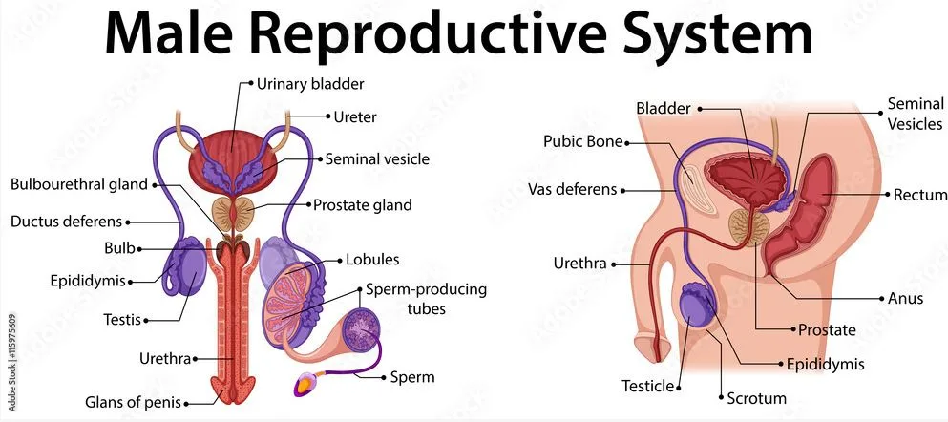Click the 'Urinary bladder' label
pyautogui.click(x=310, y=83)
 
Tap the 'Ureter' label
pyautogui.click(x=355, y=116)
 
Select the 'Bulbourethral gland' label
pyautogui.click(x=79, y=184)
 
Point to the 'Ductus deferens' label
pyautogui.click(x=67, y=222)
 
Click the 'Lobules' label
pyautogui.click(x=372, y=260)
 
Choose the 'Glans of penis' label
pyautogui.click(x=134, y=402)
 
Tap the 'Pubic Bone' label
pyautogui.click(x=582, y=141)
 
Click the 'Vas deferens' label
pyautogui.click(x=573, y=190)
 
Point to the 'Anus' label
pyautogui.click(x=905, y=298)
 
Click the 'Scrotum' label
pyautogui.click(x=756, y=398)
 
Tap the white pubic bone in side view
pyautogui.click(x=698, y=190)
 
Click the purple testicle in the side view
pyautogui.click(x=700, y=307)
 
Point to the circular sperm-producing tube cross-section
pyautogui.click(x=362, y=328)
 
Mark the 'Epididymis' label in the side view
pyautogui.click(x=825, y=364)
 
